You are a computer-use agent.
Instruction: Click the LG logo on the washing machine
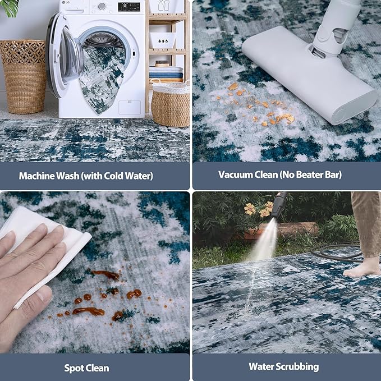[63, 2]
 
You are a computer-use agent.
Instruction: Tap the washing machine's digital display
[129, 7]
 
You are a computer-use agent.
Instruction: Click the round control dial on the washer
[102, 6]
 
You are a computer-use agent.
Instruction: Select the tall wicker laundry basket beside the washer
[24, 76]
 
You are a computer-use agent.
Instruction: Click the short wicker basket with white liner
[171, 104]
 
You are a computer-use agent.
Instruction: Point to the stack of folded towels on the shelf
[166, 74]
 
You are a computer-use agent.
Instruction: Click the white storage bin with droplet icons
[162, 40]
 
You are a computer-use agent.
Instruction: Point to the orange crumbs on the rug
[258, 104]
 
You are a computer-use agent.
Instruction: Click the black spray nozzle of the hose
[279, 205]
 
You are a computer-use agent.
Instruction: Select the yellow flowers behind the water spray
[258, 209]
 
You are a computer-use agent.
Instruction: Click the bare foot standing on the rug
[362, 267]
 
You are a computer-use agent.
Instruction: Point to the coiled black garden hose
[337, 253]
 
